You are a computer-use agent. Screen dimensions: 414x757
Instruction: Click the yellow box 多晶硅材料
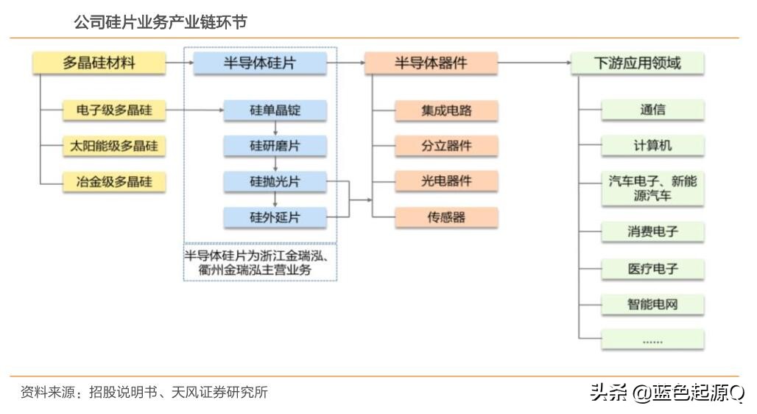(x=99, y=63)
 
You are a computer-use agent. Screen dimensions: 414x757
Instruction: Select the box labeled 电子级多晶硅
(x=113, y=111)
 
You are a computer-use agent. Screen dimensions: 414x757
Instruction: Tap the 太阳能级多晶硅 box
(x=113, y=146)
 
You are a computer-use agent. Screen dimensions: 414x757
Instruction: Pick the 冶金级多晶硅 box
(x=113, y=181)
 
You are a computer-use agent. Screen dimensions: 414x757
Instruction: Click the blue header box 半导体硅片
(x=259, y=63)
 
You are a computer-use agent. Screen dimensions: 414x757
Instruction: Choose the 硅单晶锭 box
(x=275, y=111)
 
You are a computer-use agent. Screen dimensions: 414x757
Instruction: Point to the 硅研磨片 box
(x=275, y=146)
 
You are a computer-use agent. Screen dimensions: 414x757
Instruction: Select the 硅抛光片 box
(x=275, y=181)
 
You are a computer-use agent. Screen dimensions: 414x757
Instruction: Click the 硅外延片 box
(x=275, y=217)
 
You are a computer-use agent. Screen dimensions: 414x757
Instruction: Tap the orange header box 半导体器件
(x=431, y=63)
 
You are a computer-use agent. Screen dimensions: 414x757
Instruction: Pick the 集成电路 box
(x=446, y=111)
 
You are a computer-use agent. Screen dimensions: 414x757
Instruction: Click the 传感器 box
(x=446, y=217)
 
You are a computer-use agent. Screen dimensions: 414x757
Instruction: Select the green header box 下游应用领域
(x=637, y=63)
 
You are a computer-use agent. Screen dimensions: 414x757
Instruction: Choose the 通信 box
(x=652, y=110)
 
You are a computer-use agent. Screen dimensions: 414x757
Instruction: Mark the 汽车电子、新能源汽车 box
(x=652, y=189)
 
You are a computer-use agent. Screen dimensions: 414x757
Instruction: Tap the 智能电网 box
(x=652, y=304)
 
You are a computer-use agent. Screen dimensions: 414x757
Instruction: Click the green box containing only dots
(x=652, y=340)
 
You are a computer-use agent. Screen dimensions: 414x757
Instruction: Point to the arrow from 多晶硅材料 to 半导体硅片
(x=180, y=63)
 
